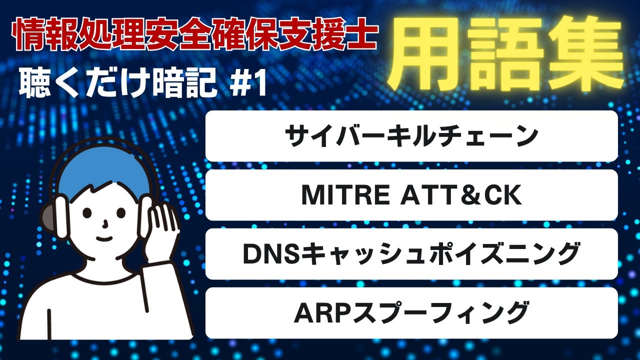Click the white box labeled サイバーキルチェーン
point(411,136)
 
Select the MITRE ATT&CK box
point(411,195)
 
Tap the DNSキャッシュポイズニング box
point(411,254)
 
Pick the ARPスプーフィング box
point(411,312)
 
